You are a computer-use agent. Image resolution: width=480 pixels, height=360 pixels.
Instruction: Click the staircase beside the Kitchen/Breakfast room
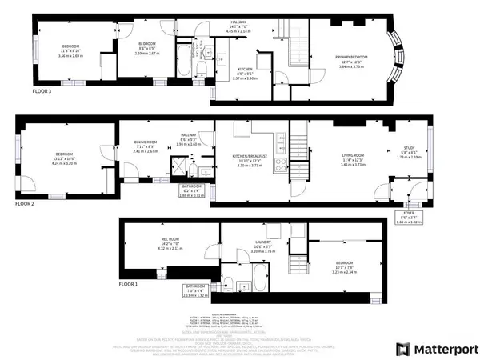298,147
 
